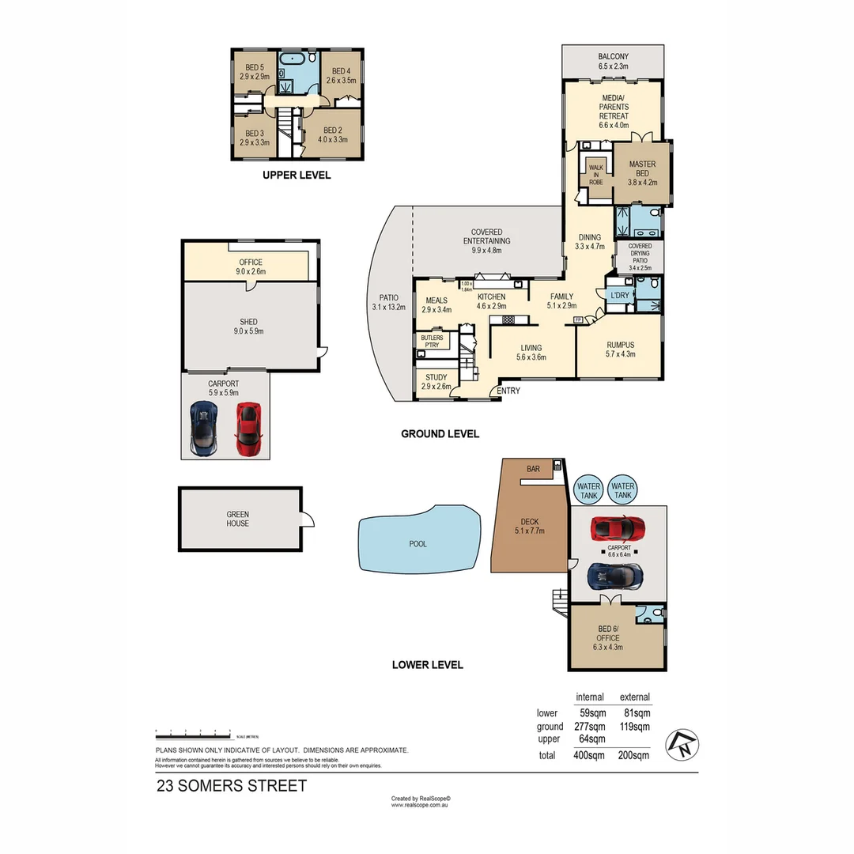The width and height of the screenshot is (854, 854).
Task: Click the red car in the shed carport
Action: [x=248, y=429]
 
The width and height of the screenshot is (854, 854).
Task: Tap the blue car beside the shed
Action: [x=203, y=428]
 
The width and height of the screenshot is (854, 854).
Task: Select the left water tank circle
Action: [x=589, y=491]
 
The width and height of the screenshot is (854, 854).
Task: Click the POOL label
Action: [x=418, y=544]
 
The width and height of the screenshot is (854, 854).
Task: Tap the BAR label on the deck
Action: [x=533, y=469]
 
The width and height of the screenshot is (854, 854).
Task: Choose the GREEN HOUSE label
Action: [x=237, y=519]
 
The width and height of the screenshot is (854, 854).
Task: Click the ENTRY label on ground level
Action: [x=508, y=391]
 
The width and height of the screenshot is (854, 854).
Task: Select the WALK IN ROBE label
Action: [x=595, y=175]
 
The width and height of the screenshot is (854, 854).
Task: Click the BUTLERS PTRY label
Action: [x=431, y=342]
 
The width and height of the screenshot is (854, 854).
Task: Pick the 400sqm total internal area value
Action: [x=589, y=755]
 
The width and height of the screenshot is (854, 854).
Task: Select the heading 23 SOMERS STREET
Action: [x=231, y=786]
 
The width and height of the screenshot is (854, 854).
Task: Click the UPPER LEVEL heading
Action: [x=297, y=176]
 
